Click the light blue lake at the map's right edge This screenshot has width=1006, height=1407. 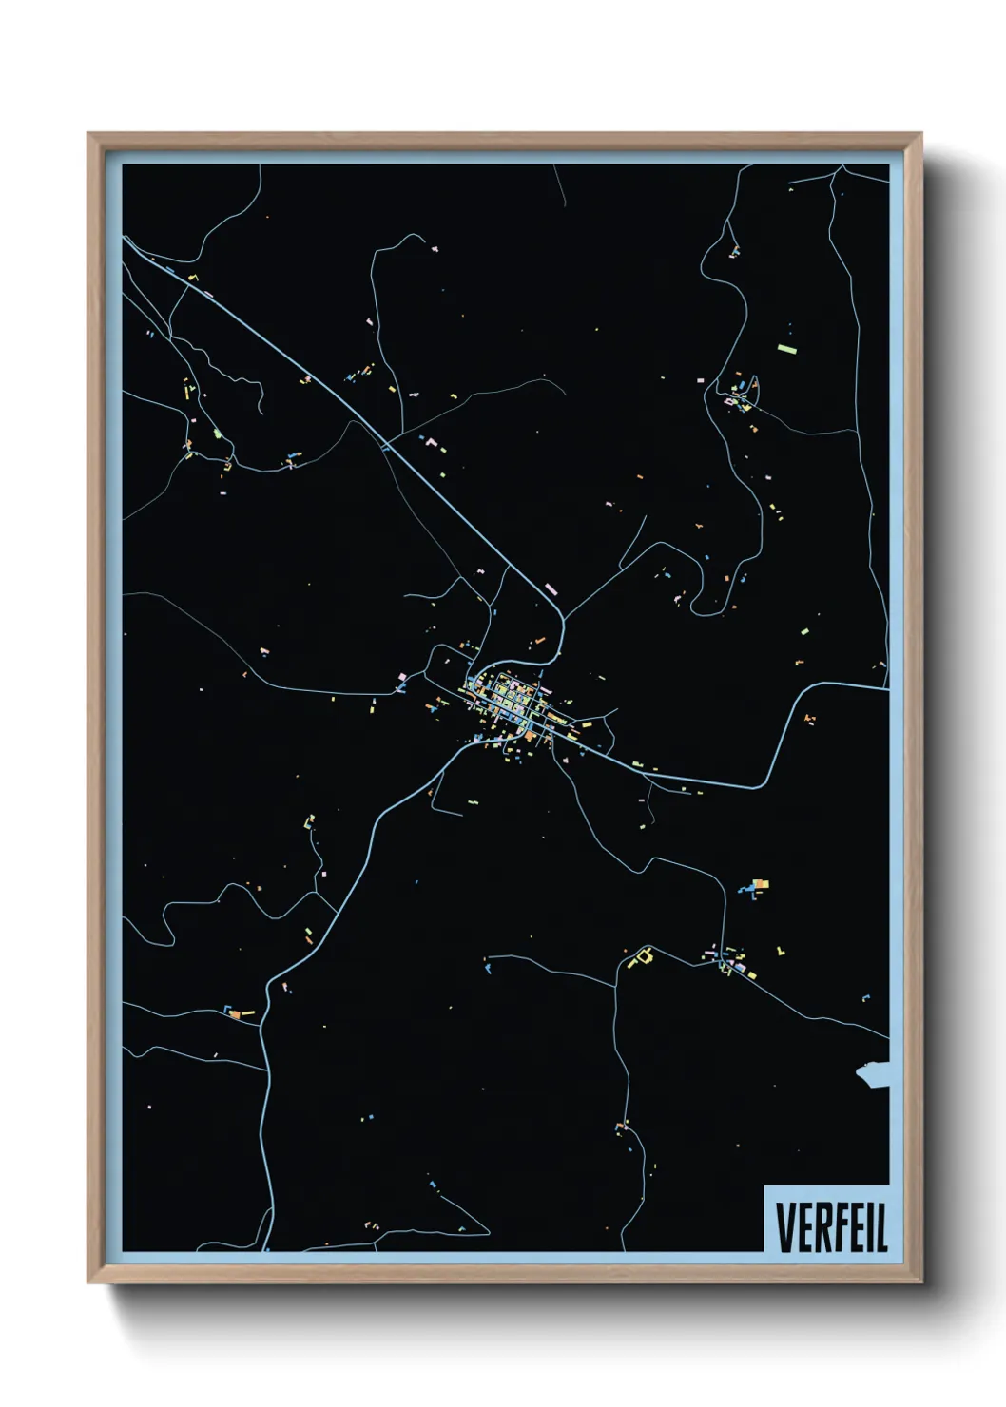(x=874, y=1075)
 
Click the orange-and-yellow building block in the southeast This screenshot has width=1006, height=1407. (x=759, y=886)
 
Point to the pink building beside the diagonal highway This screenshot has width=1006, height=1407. (x=551, y=588)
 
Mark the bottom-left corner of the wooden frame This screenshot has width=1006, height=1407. (x=89, y=1282)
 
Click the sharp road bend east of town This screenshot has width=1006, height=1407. (x=766, y=784)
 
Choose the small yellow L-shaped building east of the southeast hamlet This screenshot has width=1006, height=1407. (x=781, y=950)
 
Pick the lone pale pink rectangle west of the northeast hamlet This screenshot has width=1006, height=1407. (x=701, y=380)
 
